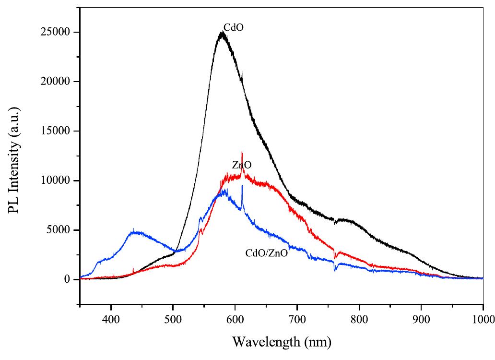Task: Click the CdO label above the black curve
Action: [x=234, y=27]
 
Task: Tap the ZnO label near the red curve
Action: [x=242, y=166]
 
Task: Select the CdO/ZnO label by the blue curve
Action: [x=266, y=253]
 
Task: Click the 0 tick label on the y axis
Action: [x=69, y=279]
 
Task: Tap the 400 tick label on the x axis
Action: [x=111, y=317]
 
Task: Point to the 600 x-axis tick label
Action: [x=235, y=317]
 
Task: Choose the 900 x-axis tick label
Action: [x=421, y=317]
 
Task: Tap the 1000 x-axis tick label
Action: [x=482, y=317]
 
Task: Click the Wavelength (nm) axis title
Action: [x=282, y=343]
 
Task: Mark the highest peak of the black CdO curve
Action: [x=221, y=33]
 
